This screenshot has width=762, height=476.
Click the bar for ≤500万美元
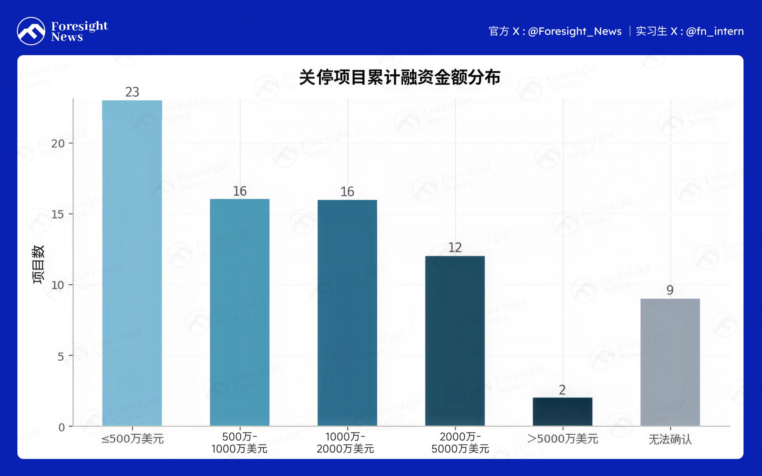[x=132, y=263]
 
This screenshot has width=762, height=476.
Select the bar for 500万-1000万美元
[x=240, y=312]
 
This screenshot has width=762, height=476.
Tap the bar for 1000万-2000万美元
[x=347, y=313]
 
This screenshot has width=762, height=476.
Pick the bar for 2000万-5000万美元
[x=455, y=341]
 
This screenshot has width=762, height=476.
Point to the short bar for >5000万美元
[x=562, y=412]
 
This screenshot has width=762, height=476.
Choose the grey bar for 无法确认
[x=670, y=362]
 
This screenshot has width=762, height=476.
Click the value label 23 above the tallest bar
[x=132, y=92]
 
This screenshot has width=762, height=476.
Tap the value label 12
[x=455, y=247]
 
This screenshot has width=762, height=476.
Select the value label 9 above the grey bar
[x=670, y=290]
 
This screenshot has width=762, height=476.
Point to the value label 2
[x=562, y=389]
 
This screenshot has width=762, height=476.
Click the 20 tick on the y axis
[x=58, y=144]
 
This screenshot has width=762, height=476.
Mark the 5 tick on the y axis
[x=61, y=356]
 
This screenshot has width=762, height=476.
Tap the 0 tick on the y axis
[x=62, y=427]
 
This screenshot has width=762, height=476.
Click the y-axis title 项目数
[x=38, y=264]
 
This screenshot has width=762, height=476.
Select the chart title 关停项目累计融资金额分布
[x=400, y=77]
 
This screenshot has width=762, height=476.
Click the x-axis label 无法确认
[x=670, y=439]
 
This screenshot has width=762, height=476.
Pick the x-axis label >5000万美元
[x=562, y=439]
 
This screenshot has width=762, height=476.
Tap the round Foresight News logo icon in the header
[x=31, y=31]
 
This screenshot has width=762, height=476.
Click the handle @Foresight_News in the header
[x=575, y=31]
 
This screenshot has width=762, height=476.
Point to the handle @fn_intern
[x=715, y=31]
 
